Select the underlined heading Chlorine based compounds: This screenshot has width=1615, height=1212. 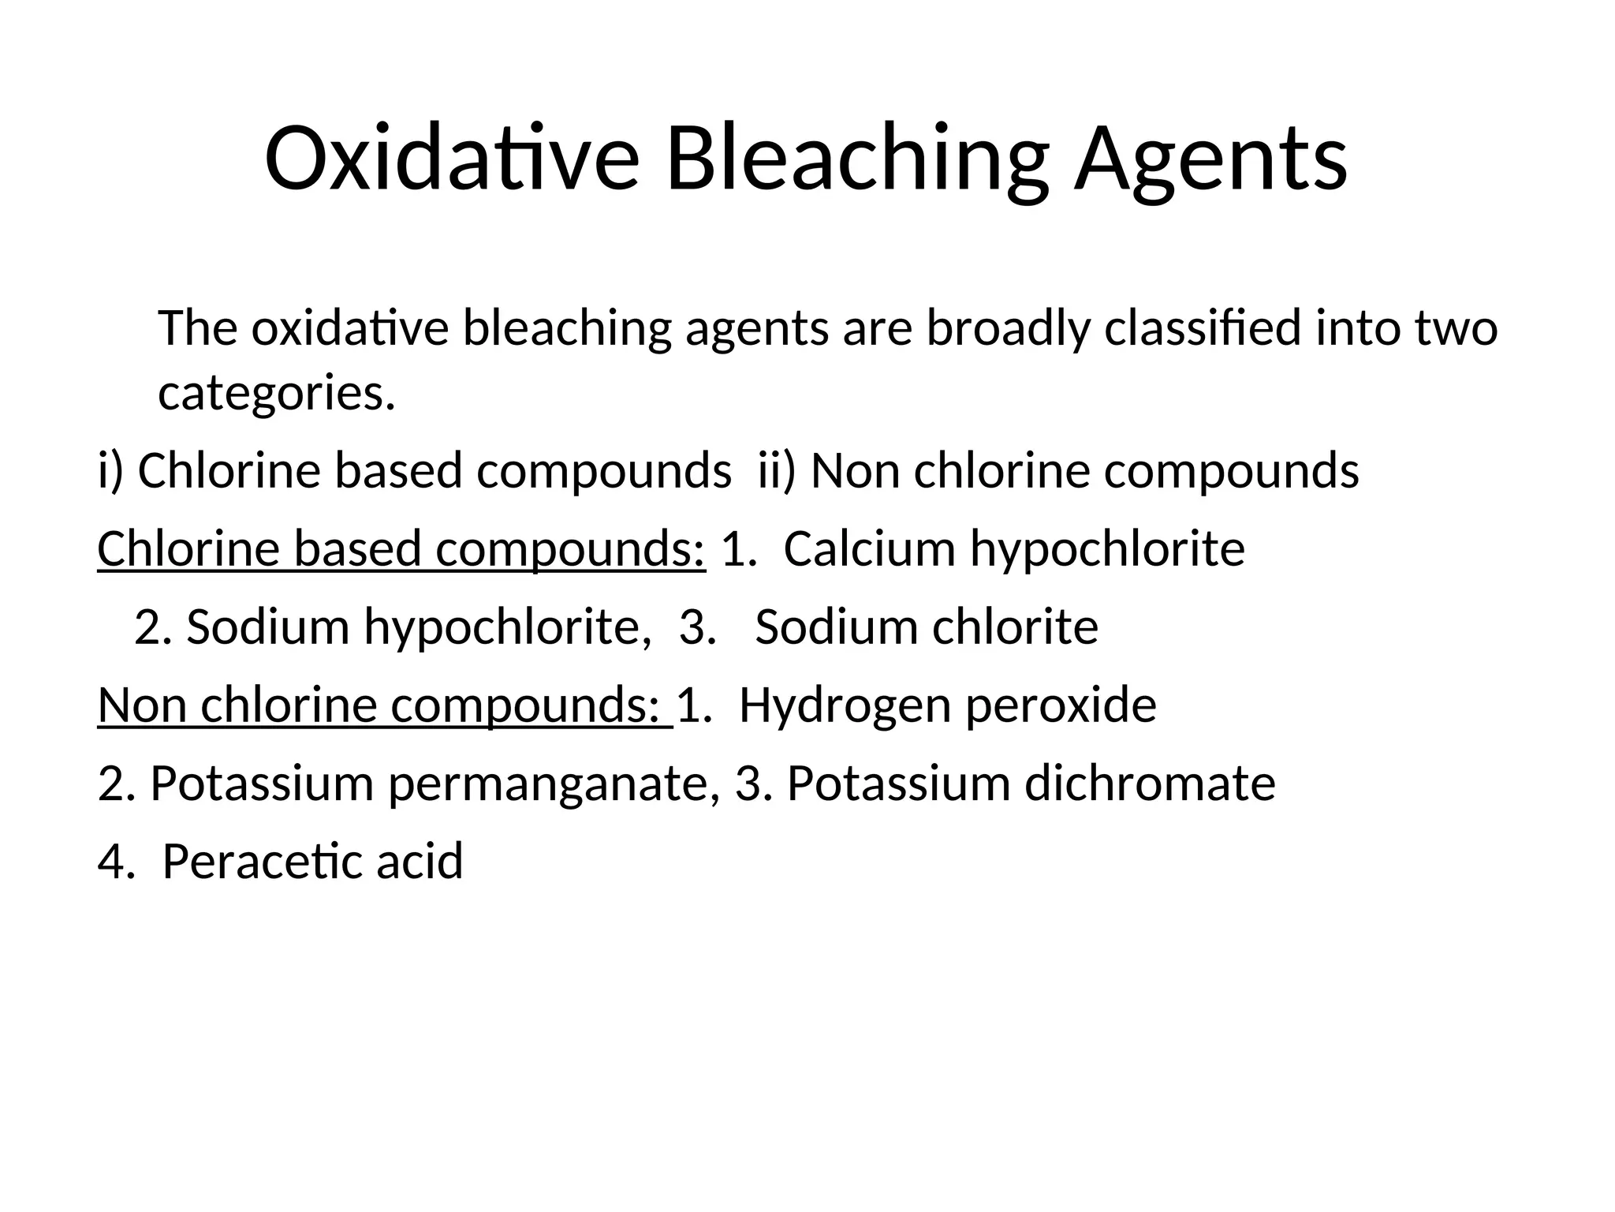[401, 549]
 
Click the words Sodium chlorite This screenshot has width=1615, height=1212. [927, 627]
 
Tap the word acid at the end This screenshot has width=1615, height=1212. [420, 861]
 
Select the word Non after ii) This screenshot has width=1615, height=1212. [855, 471]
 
